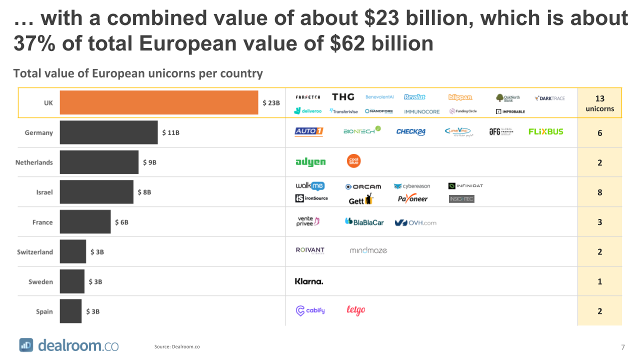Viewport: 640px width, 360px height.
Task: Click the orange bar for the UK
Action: pyautogui.click(x=159, y=102)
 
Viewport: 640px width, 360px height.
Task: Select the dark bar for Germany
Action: pyautogui.click(x=108, y=132)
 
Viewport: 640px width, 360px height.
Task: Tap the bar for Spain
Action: pyautogui.click(x=70, y=311)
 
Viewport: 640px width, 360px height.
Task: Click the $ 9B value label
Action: pyautogui.click(x=149, y=162)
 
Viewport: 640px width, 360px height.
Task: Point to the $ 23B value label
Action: pyautogui.click(x=271, y=103)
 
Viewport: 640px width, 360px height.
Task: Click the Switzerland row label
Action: pyautogui.click(x=35, y=252)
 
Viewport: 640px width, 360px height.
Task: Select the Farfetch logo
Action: pyautogui.click(x=308, y=97)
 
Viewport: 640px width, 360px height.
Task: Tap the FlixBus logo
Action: pyautogui.click(x=545, y=131)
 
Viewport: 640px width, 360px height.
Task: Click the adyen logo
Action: pyautogui.click(x=310, y=162)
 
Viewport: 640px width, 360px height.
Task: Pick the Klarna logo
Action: pyautogui.click(x=309, y=281)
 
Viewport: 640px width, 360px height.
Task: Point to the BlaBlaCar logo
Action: pyautogui.click(x=364, y=222)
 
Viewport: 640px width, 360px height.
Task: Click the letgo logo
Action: pyautogui.click(x=355, y=310)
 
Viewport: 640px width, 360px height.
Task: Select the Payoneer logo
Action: pyautogui.click(x=412, y=199)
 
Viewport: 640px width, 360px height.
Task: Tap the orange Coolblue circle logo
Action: pyautogui.click(x=354, y=161)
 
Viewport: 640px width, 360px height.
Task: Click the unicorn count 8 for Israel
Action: pyautogui.click(x=599, y=192)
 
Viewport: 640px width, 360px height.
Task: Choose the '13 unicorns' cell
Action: pyautogui.click(x=599, y=103)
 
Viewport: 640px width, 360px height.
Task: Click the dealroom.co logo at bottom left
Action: pyautogui.click(x=69, y=345)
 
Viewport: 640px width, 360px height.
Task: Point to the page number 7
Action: pyautogui.click(x=622, y=347)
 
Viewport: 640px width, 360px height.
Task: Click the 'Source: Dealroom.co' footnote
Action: pyautogui.click(x=177, y=346)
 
